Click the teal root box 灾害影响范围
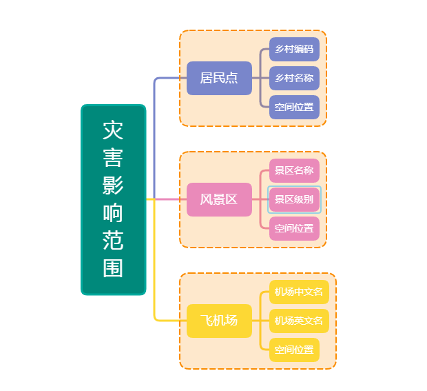point(114,199)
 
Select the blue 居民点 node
point(219,78)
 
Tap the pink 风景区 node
point(219,199)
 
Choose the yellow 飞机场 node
point(219,321)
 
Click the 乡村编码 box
point(294,50)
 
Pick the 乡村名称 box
point(294,78)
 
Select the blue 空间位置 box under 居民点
point(294,107)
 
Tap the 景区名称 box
point(294,171)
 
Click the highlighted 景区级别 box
point(294,199)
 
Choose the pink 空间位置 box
point(294,228)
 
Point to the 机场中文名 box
point(300,292)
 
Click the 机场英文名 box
point(300,321)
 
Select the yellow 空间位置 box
point(294,350)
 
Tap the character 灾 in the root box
point(113,130)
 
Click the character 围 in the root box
point(113,268)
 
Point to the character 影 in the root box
point(113,186)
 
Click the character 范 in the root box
point(113,241)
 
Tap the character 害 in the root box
point(113,158)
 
